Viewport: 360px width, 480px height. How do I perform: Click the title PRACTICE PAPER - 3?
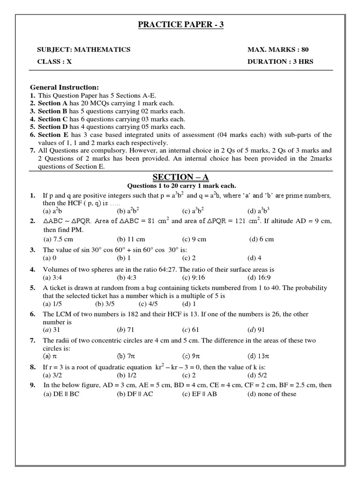click(180, 24)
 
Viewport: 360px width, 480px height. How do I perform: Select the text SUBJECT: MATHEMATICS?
click(84, 50)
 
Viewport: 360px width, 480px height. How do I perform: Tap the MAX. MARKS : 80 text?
click(278, 50)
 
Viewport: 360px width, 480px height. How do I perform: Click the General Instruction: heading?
click(64, 87)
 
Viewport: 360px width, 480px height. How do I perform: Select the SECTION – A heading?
click(180, 177)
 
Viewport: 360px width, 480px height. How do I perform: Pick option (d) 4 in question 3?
click(255, 258)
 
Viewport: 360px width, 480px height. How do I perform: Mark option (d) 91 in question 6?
click(257, 330)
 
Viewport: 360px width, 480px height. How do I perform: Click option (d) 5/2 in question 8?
click(257, 375)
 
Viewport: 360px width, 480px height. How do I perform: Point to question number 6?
click(33, 314)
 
